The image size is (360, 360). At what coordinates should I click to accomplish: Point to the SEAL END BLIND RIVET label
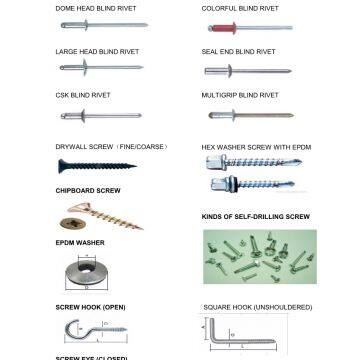tap(237, 50)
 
